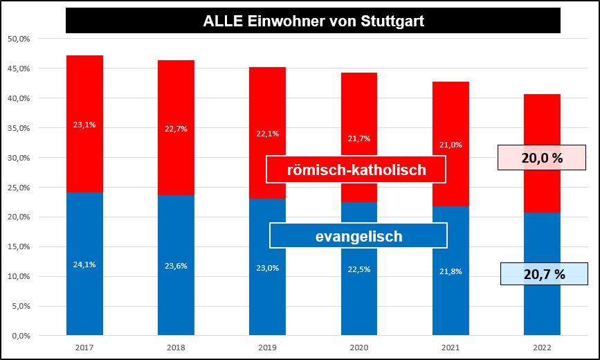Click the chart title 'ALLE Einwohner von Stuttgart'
click(313, 21)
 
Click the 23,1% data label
click(84, 125)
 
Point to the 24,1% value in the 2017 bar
click(84, 263)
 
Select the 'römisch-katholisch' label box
click(356, 170)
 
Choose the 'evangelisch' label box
click(358, 236)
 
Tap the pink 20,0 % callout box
click(542, 159)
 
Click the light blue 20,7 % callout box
click(544, 274)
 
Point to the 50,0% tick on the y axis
click(19, 39)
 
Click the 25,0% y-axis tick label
click(19, 188)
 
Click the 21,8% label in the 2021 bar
click(451, 270)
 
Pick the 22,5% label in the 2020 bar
click(358, 270)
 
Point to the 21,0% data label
click(451, 145)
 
